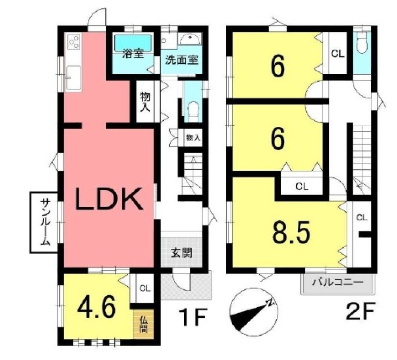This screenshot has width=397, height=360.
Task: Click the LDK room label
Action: tap(108, 199)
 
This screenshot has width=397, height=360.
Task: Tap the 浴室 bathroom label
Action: tap(133, 54)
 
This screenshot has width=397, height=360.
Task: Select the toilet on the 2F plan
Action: tap(362, 43)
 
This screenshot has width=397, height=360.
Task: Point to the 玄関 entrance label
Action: tap(181, 253)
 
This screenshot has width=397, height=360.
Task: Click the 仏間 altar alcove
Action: tap(143, 324)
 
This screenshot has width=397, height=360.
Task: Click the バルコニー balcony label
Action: tap(337, 282)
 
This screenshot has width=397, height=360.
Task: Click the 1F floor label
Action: tap(193, 317)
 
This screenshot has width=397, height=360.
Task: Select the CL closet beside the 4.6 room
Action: tap(145, 288)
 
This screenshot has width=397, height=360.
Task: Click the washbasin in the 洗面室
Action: tap(190, 39)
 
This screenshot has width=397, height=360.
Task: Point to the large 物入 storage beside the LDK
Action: tap(145, 102)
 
